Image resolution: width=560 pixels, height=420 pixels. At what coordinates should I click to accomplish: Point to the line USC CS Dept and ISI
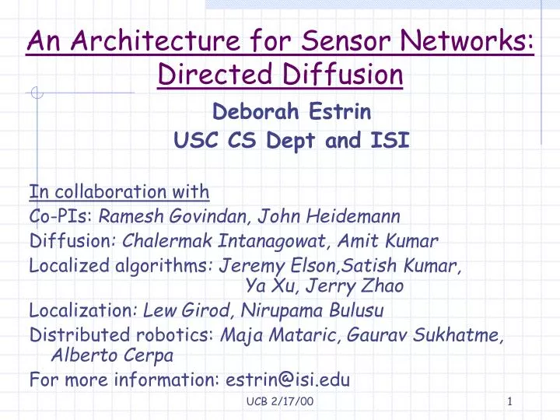click(x=290, y=141)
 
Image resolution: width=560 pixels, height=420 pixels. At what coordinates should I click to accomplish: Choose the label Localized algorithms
click(x=119, y=266)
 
